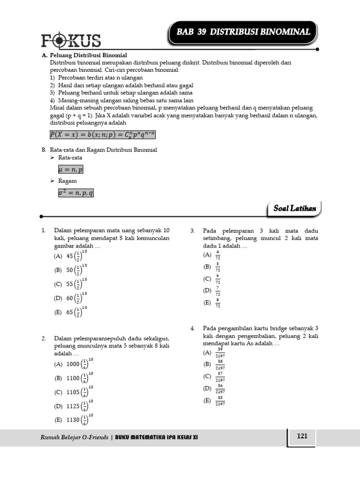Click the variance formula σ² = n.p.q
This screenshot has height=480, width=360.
[75, 192]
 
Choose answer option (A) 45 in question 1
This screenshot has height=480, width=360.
[71, 256]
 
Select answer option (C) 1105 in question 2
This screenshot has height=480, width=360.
[74, 392]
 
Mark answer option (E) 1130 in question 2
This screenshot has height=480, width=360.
[74, 420]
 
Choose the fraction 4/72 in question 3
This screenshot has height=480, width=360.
[217, 255]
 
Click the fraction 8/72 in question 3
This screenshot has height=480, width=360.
[217, 303]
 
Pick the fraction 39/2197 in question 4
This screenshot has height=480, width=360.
[220, 352]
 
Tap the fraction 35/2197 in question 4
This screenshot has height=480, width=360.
[220, 401]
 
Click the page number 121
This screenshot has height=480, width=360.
[302, 436]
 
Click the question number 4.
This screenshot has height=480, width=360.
[192, 329]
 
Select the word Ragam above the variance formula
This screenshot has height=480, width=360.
[67, 181]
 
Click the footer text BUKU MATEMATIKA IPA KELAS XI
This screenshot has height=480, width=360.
[157, 437]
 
